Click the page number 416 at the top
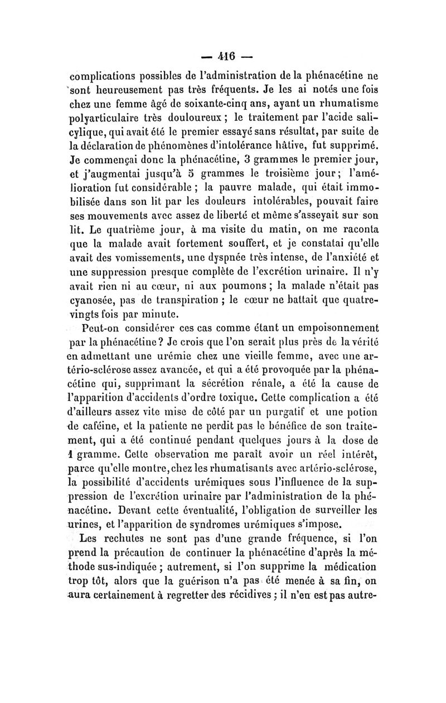point(223,57)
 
